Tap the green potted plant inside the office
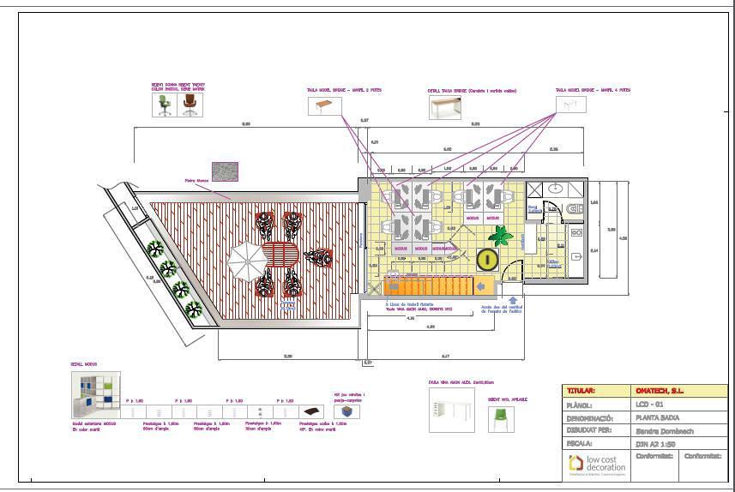coord(497,234)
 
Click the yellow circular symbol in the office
coord(486,259)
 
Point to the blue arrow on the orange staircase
coord(482,286)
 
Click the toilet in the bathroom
coord(574,208)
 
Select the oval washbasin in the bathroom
coord(555,189)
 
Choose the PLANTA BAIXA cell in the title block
coord(654,417)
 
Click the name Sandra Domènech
coord(664,431)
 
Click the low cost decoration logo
coord(596,465)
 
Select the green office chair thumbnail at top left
coord(164,105)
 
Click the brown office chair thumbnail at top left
coord(190,105)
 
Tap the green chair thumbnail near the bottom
coord(501,419)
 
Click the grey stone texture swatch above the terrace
coord(225,171)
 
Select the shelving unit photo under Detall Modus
coord(95,395)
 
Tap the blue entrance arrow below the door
coord(513,300)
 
